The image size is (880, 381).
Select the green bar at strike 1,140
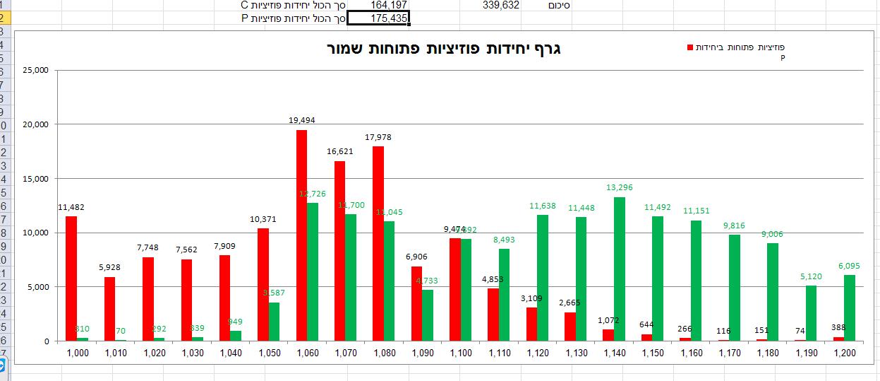pyautogui.click(x=619, y=269)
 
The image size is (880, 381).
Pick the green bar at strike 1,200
pyautogui.click(x=849, y=308)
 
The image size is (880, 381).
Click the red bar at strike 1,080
pyautogui.click(x=378, y=244)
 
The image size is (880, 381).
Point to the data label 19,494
pyautogui.click(x=301, y=120)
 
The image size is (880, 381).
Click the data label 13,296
pyautogui.click(x=620, y=187)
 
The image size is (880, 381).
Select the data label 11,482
pyautogui.click(x=71, y=207)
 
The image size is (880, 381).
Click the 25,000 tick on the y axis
pyautogui.click(x=35, y=70)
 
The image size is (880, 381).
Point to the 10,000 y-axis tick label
pyautogui.click(x=35, y=233)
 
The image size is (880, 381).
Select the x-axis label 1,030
pyautogui.click(x=192, y=353)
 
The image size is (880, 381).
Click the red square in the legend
pyautogui.click(x=689, y=47)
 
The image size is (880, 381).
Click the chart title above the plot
pyautogui.click(x=444, y=49)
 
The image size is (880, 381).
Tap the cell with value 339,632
pyautogui.click(x=501, y=5)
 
